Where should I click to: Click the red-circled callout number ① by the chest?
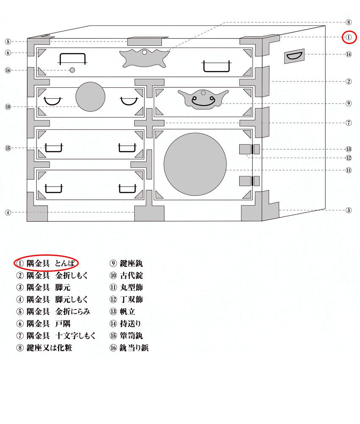pyautogui.click(x=349, y=37)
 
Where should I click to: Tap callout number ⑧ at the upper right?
pyautogui.click(x=349, y=22)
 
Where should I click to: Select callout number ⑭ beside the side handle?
pyautogui.click(x=349, y=54)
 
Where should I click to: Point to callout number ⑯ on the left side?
pyautogui.click(x=8, y=70)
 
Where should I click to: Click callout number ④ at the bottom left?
pyautogui.click(x=8, y=212)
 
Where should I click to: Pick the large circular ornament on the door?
pyautogui.click(x=195, y=164)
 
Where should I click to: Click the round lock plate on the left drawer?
pyautogui.click(x=90, y=97)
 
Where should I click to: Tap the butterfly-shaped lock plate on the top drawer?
pyautogui.click(x=144, y=58)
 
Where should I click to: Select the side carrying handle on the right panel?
pyautogui.click(x=294, y=56)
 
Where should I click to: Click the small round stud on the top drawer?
pyautogui.click(x=72, y=70)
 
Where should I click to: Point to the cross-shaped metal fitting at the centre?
pyautogui.click(x=150, y=123)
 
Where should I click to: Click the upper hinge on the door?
pyautogui.click(x=249, y=149)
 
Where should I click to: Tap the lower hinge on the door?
pyautogui.click(x=249, y=181)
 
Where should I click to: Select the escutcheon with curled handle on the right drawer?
pyautogui.click(x=203, y=99)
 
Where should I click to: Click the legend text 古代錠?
pyautogui.click(x=131, y=276)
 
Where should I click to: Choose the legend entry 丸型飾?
pyautogui.click(x=131, y=287)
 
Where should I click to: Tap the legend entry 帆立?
pyautogui.click(x=127, y=312)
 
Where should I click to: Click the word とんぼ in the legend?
pyautogui.click(x=65, y=263)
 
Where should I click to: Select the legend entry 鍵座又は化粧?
pyautogui.click(x=50, y=348)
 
